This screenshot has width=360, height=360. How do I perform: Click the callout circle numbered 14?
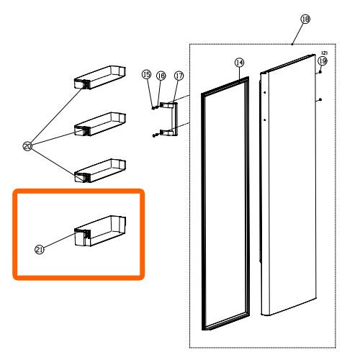click(239, 63)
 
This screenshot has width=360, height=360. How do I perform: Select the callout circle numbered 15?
click(147, 75)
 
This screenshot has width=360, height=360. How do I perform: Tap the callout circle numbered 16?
click(161, 76)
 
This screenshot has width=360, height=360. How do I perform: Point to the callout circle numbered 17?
click(179, 76)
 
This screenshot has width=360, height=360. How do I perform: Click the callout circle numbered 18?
click(305, 19)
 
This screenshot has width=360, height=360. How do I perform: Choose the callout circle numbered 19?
click(323, 61)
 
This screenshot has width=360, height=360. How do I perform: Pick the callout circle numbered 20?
click(27, 146)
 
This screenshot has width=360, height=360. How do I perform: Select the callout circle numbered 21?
click(40, 250)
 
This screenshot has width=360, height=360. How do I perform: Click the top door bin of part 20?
click(100, 77)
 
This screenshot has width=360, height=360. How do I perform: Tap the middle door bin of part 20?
click(100, 124)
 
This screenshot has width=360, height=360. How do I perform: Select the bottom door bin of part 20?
click(100, 171)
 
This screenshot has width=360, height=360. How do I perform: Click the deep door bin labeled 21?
click(100, 231)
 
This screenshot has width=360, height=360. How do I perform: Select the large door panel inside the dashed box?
click(292, 185)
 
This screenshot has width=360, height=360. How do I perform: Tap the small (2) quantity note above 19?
click(325, 53)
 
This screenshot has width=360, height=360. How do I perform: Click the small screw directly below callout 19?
click(320, 72)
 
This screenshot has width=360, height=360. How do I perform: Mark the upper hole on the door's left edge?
click(264, 92)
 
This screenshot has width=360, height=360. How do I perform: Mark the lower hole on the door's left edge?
click(265, 120)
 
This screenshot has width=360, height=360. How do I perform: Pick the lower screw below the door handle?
click(154, 135)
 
